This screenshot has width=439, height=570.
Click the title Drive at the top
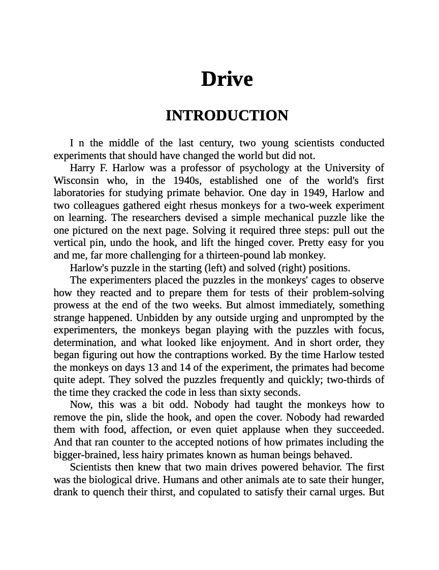pos(227,79)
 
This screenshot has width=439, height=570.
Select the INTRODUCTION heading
pos(227,116)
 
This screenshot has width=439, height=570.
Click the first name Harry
pos(82,168)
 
